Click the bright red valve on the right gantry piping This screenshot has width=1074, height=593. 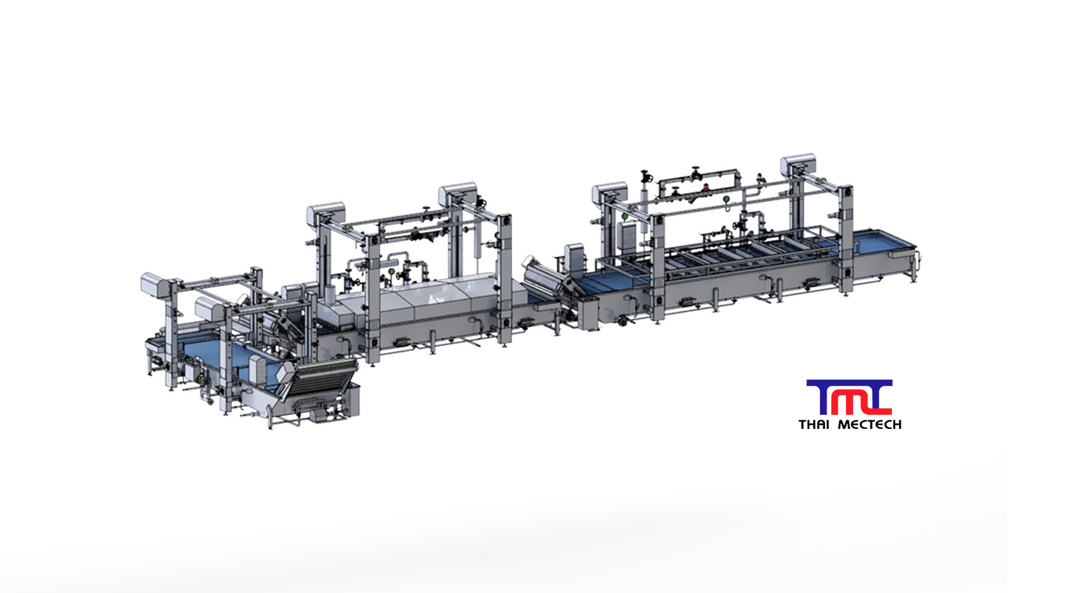[x=705, y=187]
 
